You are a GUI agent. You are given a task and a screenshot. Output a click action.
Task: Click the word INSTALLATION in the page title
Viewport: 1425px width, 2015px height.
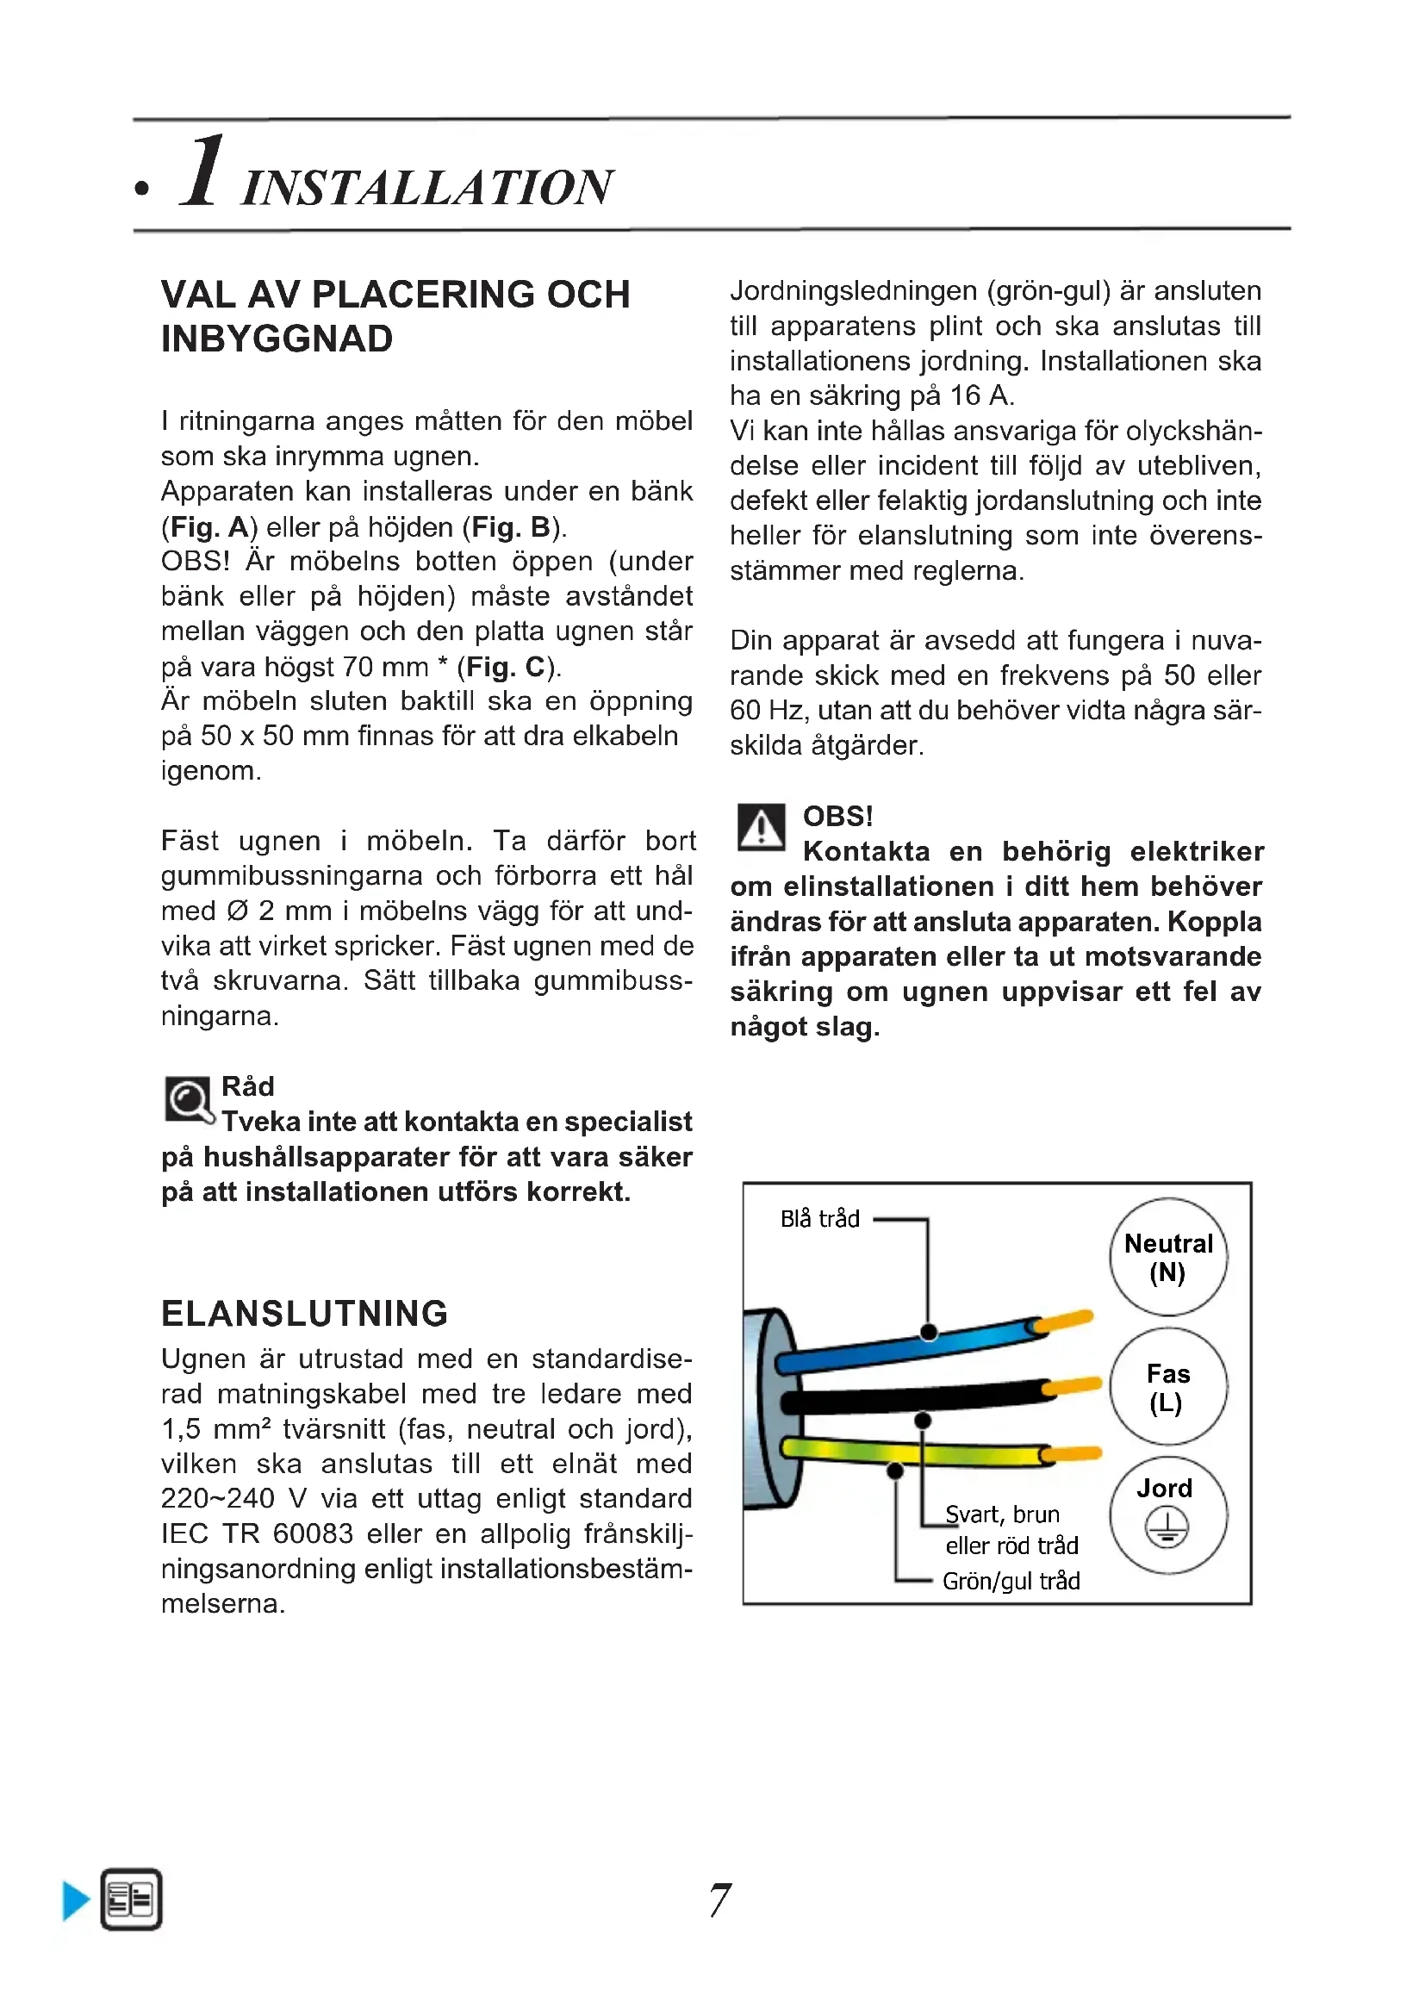coord(427,187)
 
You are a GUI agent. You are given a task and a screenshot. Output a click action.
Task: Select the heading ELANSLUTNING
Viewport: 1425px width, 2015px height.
coord(304,1314)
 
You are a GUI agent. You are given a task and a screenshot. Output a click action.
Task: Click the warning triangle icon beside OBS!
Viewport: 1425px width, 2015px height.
coord(761,828)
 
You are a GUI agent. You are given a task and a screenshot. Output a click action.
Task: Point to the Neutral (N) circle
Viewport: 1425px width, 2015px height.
coord(1168,1257)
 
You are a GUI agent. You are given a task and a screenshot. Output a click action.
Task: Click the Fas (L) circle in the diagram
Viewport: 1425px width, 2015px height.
coord(1168,1387)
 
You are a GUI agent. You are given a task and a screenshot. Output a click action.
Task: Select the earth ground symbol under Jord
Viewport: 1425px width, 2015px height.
coord(1167,1528)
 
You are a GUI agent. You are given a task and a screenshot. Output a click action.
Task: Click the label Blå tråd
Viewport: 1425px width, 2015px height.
coord(819,1219)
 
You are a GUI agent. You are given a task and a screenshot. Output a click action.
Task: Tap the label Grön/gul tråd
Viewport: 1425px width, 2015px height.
coord(1011,1582)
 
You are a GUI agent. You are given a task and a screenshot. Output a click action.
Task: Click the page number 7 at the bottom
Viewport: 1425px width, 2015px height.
coord(719,1900)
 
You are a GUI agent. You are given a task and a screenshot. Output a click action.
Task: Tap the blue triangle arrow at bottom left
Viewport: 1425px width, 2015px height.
coord(77,1901)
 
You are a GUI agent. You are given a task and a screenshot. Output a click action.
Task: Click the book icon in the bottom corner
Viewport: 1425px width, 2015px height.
coord(132,1900)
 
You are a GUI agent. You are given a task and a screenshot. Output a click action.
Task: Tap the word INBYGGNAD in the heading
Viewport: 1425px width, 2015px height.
coord(277,339)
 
